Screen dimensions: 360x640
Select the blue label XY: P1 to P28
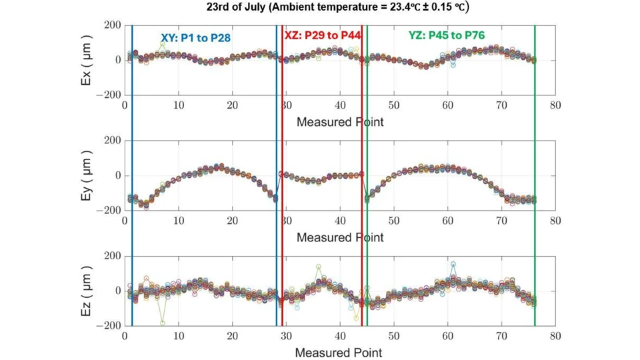195,38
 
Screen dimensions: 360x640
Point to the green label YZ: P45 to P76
446,36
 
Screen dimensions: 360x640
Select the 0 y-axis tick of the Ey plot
117,175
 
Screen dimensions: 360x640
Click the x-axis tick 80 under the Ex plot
555,105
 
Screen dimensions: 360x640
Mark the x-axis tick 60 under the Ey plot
447,221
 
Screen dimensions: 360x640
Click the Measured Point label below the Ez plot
339,351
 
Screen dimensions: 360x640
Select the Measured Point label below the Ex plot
340,121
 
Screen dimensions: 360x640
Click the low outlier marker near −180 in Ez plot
162,323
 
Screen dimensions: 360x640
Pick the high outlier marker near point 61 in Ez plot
453,264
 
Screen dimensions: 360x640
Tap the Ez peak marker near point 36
319,267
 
